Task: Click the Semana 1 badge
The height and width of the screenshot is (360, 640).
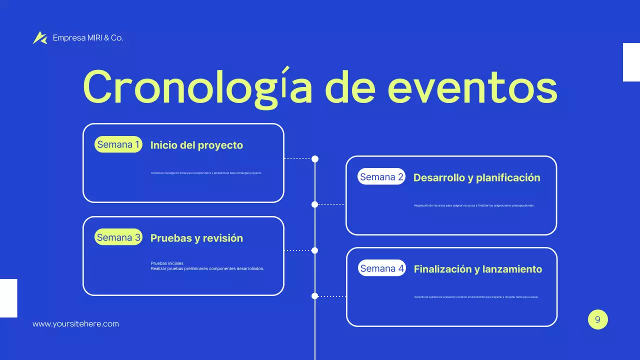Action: (118, 145)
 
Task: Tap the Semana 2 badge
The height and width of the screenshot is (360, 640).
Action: (381, 177)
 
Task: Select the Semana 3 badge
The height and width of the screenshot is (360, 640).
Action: (118, 237)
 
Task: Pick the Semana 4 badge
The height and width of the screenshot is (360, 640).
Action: (382, 268)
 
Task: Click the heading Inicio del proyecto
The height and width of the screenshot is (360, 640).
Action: (196, 145)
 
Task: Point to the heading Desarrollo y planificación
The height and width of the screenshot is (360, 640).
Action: (476, 177)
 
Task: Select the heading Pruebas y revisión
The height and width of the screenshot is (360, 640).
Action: (196, 238)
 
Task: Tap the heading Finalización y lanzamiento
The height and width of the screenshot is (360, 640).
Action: (477, 269)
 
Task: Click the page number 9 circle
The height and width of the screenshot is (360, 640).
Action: (597, 320)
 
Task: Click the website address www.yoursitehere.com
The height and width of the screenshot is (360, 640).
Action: (75, 324)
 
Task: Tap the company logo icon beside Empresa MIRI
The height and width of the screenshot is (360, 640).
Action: (40, 37)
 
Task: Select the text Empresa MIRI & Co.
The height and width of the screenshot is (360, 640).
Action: (88, 38)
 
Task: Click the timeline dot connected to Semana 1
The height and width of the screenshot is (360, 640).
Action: (315, 159)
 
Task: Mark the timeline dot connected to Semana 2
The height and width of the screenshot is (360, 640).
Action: (314, 204)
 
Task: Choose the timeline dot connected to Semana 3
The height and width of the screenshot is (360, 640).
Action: (314, 250)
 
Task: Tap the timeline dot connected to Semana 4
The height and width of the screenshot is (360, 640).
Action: (314, 296)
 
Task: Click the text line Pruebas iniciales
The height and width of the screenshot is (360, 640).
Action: (167, 263)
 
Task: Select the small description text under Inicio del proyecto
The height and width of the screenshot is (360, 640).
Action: (206, 173)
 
